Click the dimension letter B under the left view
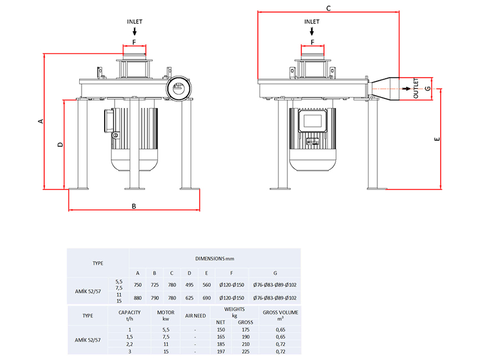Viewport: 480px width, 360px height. [x=134, y=207]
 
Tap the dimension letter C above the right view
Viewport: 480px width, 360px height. [x=328, y=8]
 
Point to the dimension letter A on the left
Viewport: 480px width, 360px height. [x=41, y=121]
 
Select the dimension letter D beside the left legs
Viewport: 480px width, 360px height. [x=60, y=144]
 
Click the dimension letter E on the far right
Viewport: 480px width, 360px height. [x=437, y=139]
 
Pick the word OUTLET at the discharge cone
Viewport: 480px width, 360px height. [x=416, y=88]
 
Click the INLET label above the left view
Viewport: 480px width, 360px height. [x=135, y=22]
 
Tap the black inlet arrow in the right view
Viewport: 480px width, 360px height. [x=312, y=31]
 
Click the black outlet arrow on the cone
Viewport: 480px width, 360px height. [x=406, y=89]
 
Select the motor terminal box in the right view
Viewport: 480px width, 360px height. [x=312, y=121]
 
